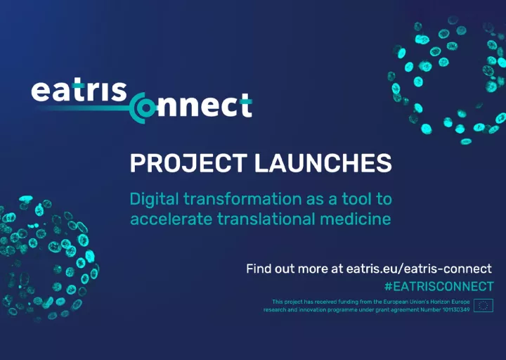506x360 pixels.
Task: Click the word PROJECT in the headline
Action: [188, 163]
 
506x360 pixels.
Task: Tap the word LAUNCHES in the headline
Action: [323, 163]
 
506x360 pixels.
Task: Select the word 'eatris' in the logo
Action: [79, 91]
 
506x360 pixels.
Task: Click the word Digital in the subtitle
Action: [154, 200]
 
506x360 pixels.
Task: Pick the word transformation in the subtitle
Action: [242, 199]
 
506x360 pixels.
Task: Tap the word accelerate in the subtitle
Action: [171, 219]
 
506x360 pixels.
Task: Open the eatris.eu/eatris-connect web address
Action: [419, 269]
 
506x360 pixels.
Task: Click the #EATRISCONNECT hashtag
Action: [439, 286]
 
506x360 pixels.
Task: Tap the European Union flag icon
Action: [484, 305]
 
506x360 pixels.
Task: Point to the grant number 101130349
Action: [456, 309]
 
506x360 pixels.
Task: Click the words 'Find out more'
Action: [287, 269]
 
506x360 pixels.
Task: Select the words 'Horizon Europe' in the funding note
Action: [450, 302]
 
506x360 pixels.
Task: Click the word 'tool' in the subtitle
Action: [356, 199]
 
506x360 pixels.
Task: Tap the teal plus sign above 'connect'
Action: [246, 101]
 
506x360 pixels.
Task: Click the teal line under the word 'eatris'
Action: [84, 108]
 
